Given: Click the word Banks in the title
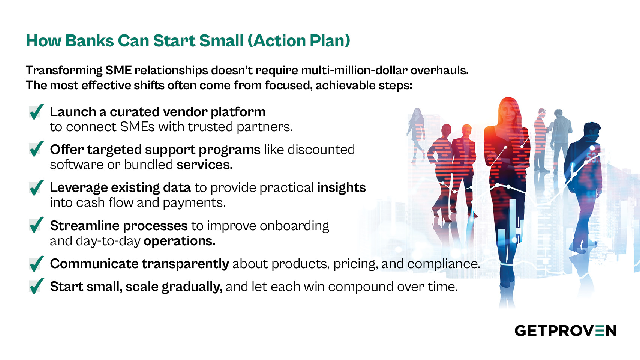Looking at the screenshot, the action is tap(90, 40).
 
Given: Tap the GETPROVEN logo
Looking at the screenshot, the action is tap(565, 331).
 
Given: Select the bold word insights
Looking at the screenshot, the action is tap(342, 188).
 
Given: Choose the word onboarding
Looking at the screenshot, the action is tap(294, 226).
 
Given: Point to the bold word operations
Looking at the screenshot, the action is tap(180, 241).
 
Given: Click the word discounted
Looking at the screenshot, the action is tap(321, 150).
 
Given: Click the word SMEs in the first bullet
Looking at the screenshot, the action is tap(138, 127).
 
